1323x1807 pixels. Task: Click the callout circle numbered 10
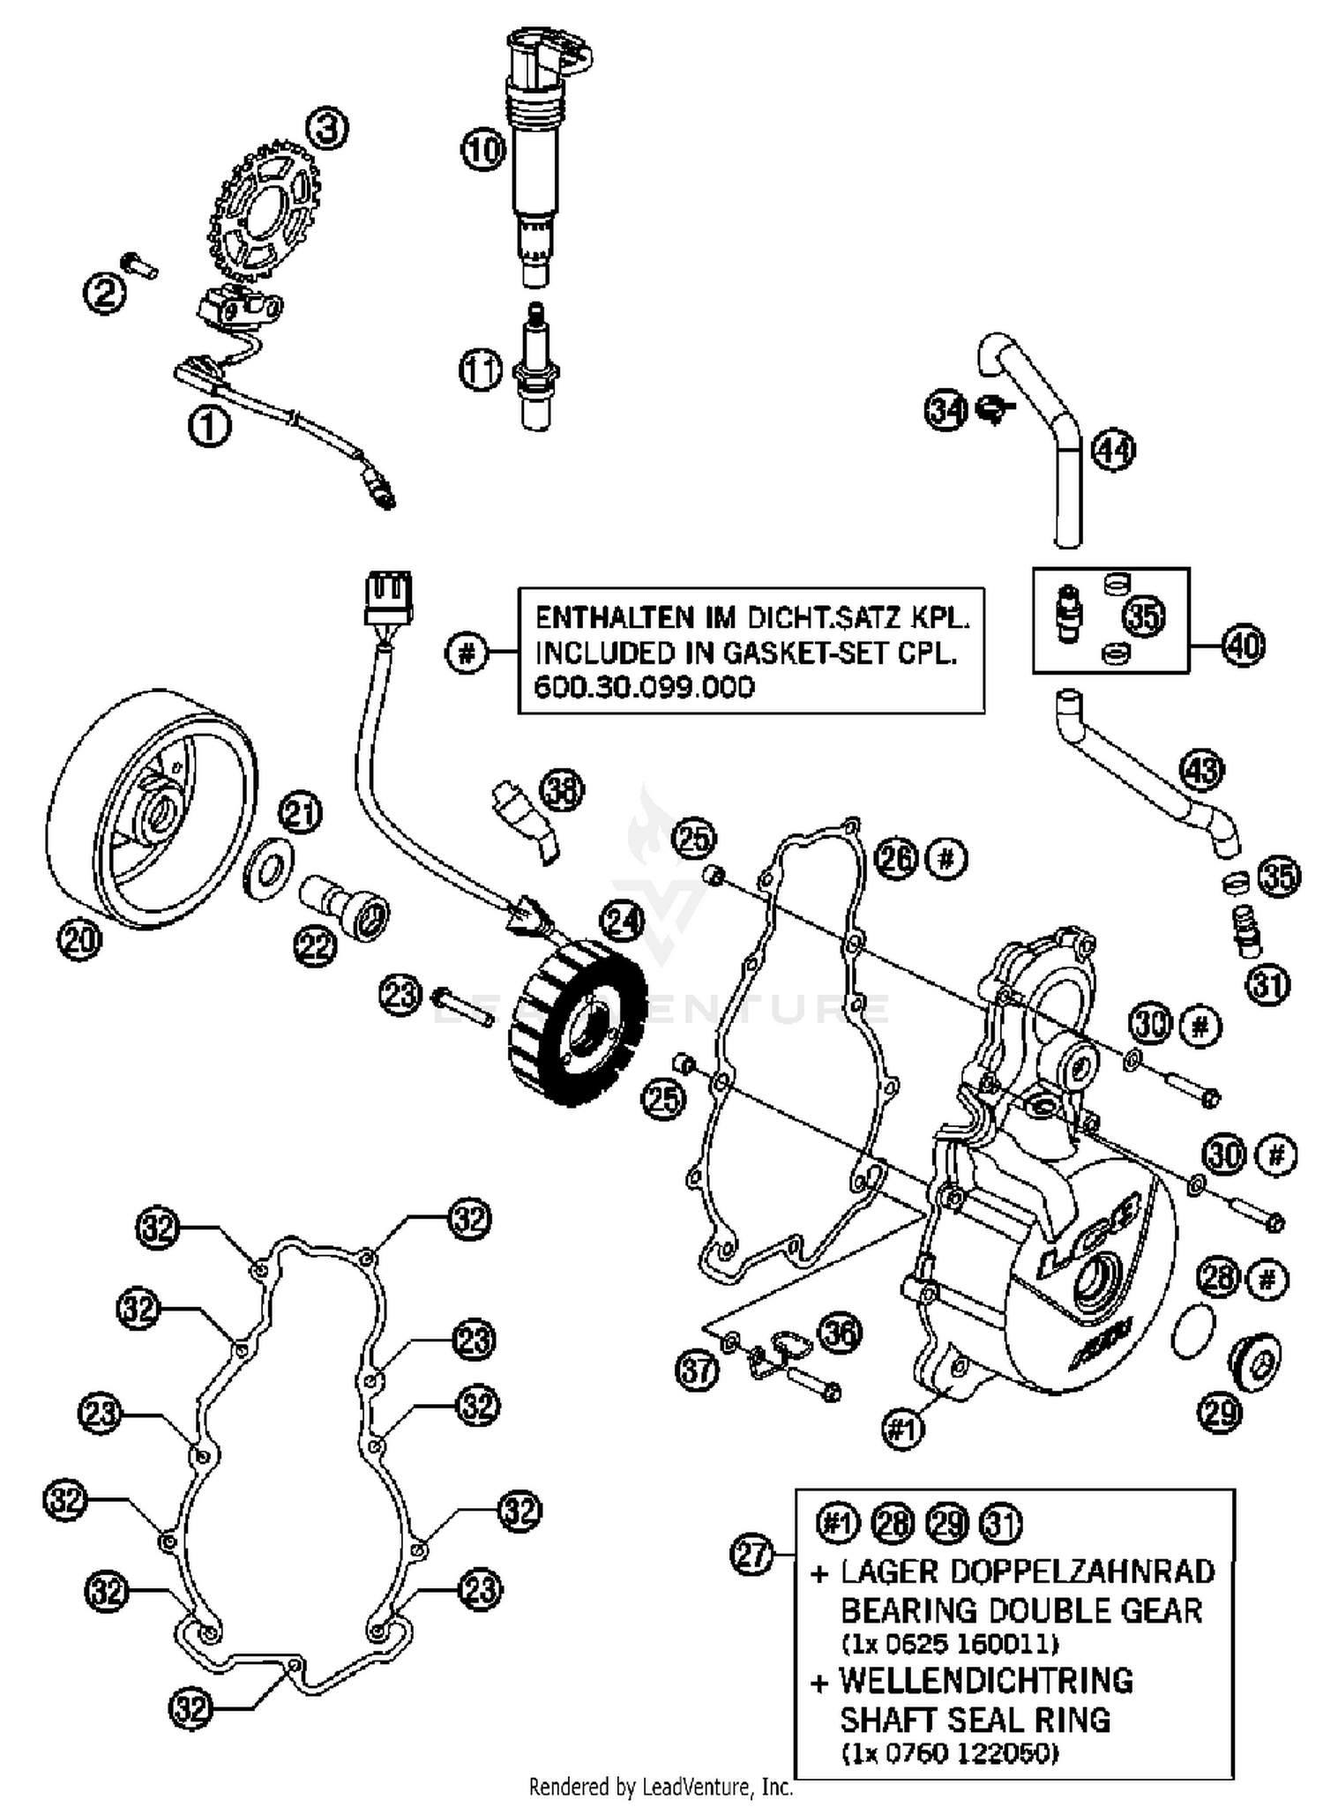point(482,149)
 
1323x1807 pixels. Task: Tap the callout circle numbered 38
point(562,790)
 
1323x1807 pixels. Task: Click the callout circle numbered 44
point(1113,451)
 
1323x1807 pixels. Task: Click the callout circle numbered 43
point(1201,770)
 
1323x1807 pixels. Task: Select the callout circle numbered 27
point(752,1555)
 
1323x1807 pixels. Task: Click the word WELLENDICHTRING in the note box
point(985,1681)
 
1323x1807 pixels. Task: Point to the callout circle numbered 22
point(315,947)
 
